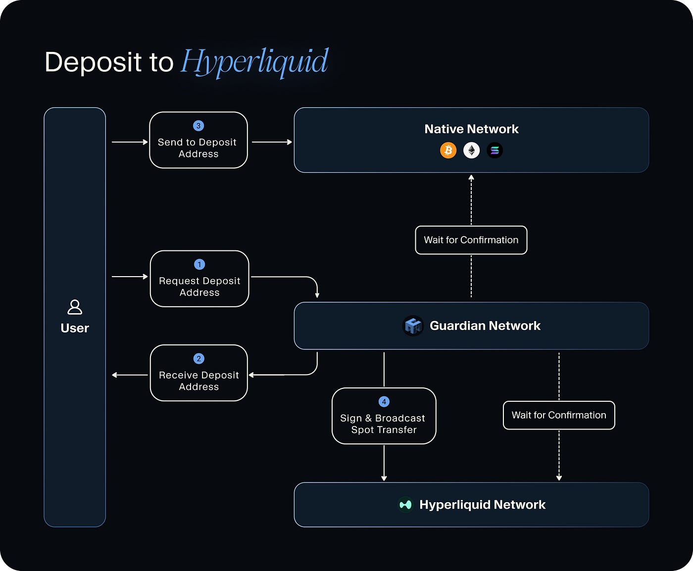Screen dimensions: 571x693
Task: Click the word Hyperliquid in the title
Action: pos(254,62)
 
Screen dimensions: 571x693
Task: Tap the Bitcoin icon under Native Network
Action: pos(448,150)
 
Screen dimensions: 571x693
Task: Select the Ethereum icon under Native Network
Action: pos(471,150)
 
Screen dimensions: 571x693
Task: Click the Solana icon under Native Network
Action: pos(495,150)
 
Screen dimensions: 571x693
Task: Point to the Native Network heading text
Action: pos(471,129)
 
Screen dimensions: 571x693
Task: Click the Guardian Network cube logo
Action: pos(413,326)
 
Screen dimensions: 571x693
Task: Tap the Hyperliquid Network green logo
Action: pos(405,505)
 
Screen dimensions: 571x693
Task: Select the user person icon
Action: pos(75,307)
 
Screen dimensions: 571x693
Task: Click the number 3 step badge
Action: pos(198,126)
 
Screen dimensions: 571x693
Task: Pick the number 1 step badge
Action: pos(199,264)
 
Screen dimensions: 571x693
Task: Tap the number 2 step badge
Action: pos(198,359)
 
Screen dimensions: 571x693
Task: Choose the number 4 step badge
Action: pos(384,402)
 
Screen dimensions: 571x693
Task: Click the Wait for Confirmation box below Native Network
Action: pos(471,240)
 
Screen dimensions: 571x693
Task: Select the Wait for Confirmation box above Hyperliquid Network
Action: pos(559,415)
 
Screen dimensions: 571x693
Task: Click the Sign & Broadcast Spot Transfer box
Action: pos(384,418)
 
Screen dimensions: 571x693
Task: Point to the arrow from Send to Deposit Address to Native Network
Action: pos(272,142)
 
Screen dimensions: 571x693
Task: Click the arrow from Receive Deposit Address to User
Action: pos(130,375)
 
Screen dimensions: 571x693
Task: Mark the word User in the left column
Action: pos(75,328)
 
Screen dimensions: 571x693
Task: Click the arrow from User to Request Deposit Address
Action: pos(130,277)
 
